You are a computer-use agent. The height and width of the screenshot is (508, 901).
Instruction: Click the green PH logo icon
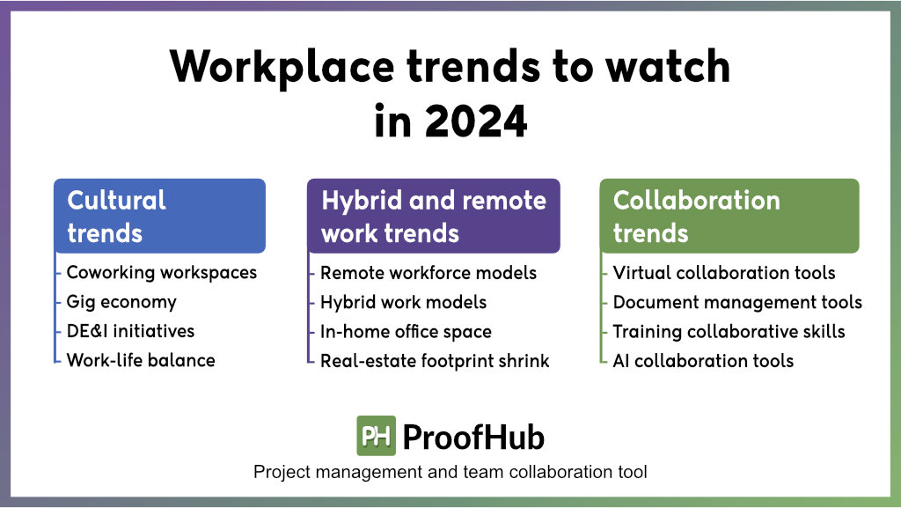pyautogui.click(x=377, y=436)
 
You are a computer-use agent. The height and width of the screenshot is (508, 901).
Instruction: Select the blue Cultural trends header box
pyautogui.click(x=160, y=216)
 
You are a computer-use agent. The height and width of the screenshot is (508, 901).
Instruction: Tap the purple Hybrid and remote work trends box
pyautogui.click(x=433, y=216)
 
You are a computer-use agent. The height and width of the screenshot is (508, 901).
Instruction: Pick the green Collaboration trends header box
pyautogui.click(x=729, y=216)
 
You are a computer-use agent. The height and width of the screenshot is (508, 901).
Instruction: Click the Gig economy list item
pyautogui.click(x=121, y=302)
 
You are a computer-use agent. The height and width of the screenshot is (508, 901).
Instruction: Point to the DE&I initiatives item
pyautogui.click(x=130, y=331)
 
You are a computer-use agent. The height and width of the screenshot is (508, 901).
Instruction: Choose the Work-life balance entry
pyautogui.click(x=141, y=360)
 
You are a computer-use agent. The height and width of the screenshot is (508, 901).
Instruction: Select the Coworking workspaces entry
pyautogui.click(x=162, y=273)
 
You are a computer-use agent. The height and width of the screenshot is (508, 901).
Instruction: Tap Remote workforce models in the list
pyautogui.click(x=429, y=273)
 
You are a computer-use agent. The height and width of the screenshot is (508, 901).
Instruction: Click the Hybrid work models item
pyautogui.click(x=403, y=302)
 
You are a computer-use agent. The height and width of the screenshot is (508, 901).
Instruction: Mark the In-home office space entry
pyautogui.click(x=406, y=332)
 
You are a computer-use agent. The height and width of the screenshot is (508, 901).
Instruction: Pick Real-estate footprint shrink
pyautogui.click(x=435, y=361)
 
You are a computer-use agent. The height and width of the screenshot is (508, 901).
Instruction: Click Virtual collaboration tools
pyautogui.click(x=724, y=273)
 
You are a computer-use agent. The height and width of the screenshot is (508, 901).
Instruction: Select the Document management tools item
pyautogui.click(x=738, y=302)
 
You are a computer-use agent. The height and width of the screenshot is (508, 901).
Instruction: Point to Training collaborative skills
pyautogui.click(x=729, y=332)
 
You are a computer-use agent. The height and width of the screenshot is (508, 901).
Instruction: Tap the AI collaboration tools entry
pyautogui.click(x=703, y=361)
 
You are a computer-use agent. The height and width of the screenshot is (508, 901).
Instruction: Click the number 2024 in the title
pyautogui.click(x=476, y=121)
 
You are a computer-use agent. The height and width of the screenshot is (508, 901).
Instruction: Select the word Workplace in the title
pyautogui.click(x=282, y=68)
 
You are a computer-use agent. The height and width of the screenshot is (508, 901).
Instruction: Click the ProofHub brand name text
pyautogui.click(x=473, y=437)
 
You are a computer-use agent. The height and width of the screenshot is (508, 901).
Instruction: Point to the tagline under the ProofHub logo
pyautogui.click(x=450, y=472)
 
